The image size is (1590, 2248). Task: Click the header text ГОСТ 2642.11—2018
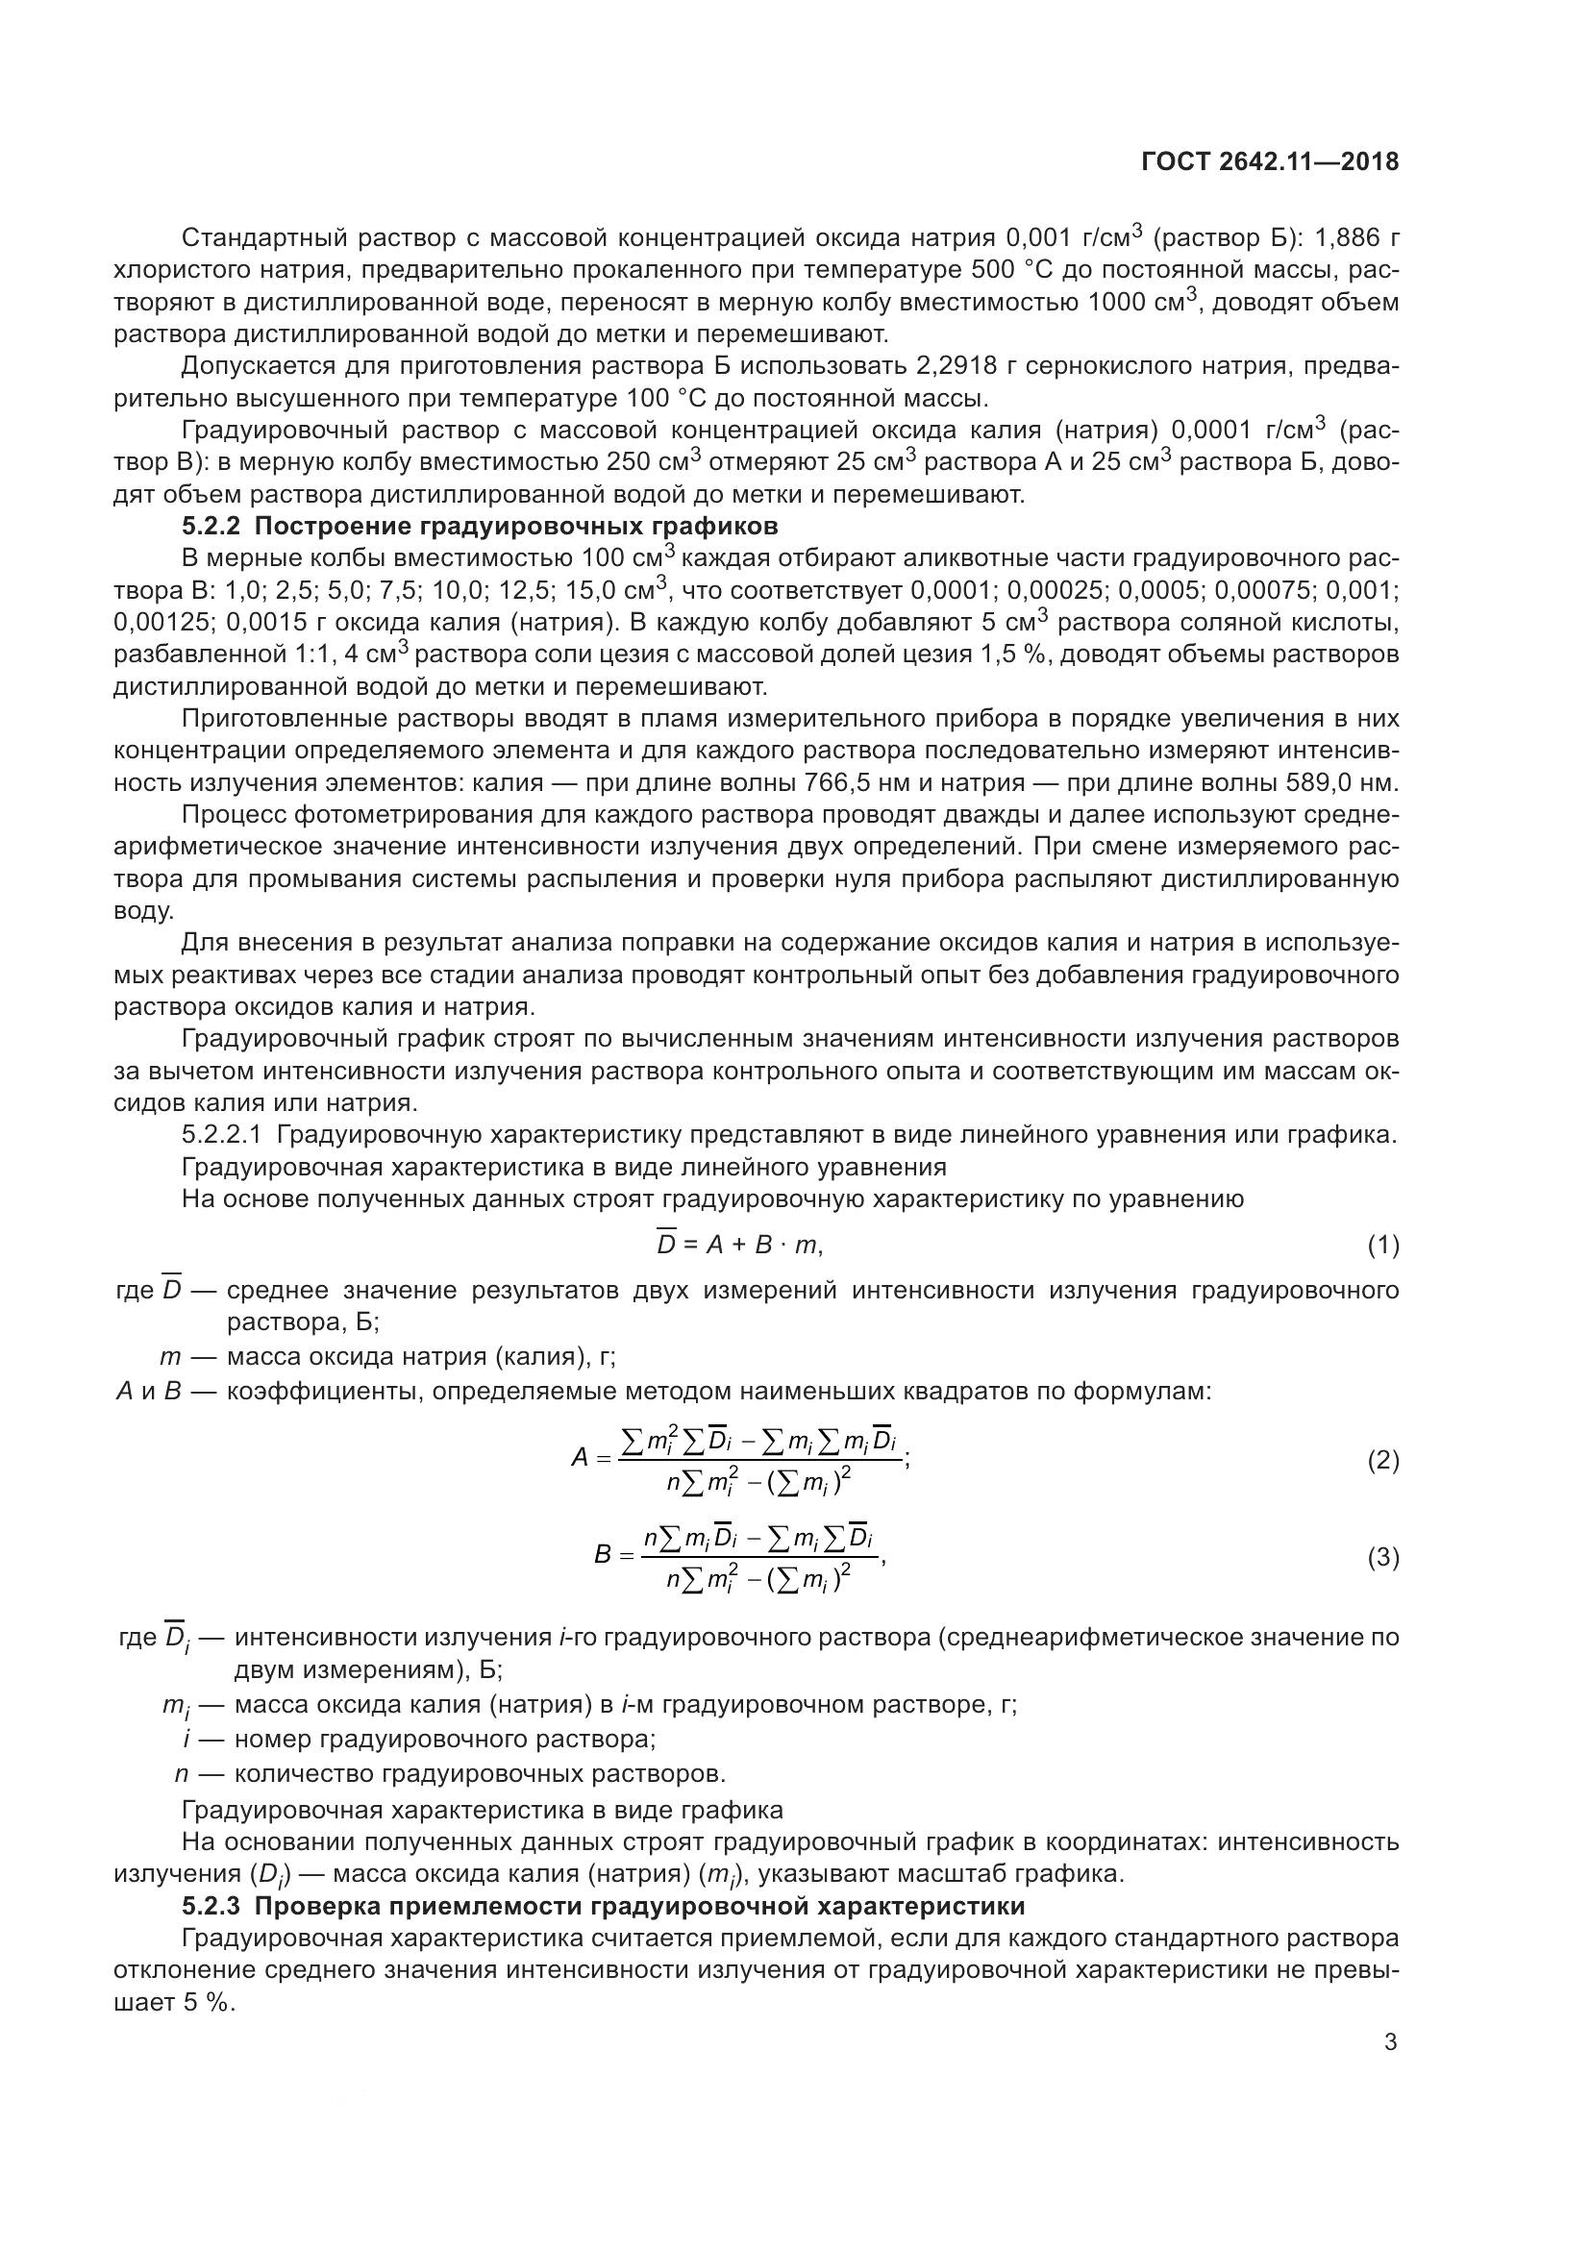tap(1270, 162)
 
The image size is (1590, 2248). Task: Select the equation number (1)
tap(1382, 1246)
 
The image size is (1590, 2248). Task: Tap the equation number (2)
tap(1382, 1461)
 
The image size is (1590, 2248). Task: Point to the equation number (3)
tap(1382, 1557)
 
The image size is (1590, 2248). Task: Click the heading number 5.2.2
tap(211, 527)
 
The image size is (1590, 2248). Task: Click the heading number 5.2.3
tap(211, 1906)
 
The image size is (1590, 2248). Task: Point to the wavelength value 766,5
tap(839, 783)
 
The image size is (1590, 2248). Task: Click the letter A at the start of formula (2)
tap(580, 1459)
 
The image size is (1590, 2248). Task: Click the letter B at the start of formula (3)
tap(603, 1555)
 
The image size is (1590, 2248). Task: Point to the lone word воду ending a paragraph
tap(144, 910)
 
